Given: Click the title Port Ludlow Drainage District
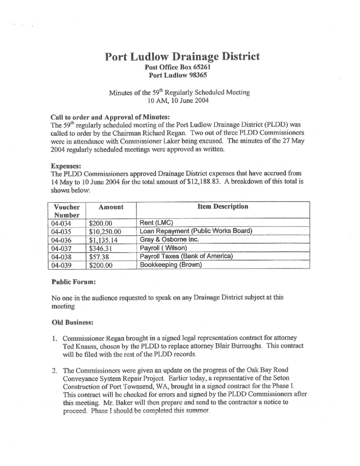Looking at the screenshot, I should point(183,57).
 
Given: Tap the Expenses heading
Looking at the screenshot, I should point(66,167).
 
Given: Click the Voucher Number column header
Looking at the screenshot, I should point(67,210).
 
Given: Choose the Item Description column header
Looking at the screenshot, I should point(223,207).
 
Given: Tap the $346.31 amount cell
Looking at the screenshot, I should point(101,248).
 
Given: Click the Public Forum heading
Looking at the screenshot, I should point(73,282).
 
